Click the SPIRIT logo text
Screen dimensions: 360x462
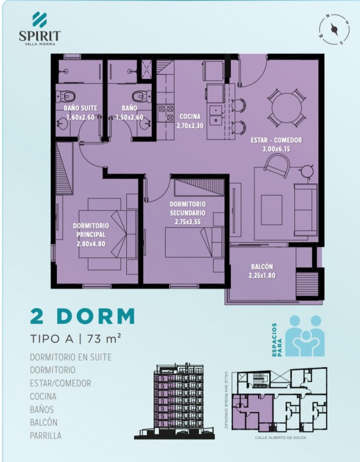40,36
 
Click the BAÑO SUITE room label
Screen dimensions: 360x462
80,108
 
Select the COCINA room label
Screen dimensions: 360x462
190,116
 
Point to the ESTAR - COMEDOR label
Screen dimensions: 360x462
276,140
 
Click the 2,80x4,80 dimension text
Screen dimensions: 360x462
91,244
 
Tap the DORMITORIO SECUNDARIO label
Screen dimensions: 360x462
188,208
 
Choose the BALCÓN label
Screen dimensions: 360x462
262,267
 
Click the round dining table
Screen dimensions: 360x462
287,107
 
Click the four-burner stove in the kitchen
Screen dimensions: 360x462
166,113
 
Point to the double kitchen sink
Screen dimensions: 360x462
216,115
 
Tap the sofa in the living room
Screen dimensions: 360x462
306,210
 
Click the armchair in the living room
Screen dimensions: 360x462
277,166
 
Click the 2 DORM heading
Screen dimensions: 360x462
83,316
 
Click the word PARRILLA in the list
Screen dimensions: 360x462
46,435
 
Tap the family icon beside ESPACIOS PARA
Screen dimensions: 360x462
305,336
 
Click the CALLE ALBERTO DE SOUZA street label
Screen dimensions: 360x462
280,438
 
